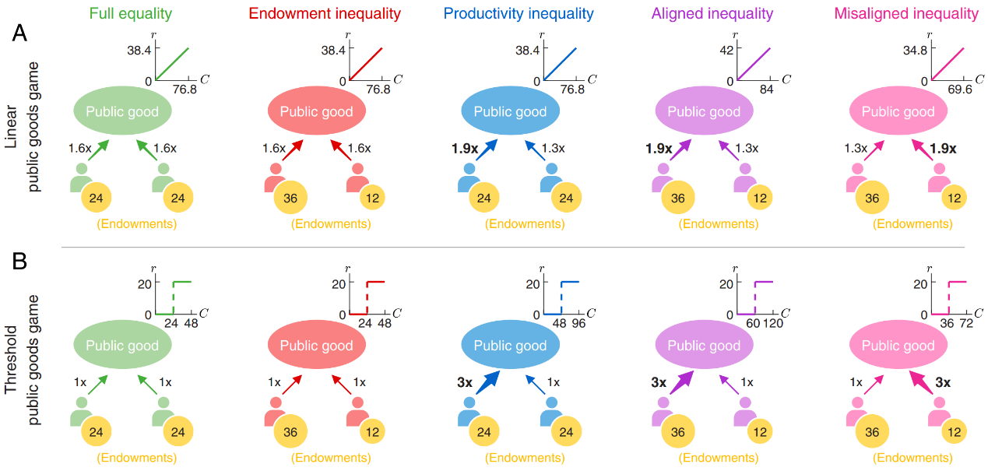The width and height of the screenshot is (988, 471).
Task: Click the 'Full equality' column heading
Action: coord(131,14)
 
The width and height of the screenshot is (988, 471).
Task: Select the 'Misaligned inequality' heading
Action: coord(906,14)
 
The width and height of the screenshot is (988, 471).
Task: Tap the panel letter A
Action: coord(19,33)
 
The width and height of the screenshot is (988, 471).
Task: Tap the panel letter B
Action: coord(19,262)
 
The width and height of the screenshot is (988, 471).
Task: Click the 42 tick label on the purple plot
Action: coord(726,50)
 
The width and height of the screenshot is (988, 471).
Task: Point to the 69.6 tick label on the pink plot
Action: coord(960,90)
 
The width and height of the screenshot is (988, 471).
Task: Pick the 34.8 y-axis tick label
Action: coord(916,51)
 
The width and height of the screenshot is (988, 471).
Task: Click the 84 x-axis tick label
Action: coord(767,90)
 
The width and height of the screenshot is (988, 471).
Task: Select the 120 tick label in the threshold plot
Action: coord(773,323)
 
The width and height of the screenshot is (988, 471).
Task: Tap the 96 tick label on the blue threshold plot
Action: coord(578,323)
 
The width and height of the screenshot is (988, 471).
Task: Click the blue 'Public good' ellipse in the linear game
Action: coord(510,111)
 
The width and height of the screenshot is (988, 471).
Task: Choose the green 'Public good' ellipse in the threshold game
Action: coord(122,344)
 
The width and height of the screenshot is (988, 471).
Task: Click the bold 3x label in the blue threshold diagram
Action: coord(465,382)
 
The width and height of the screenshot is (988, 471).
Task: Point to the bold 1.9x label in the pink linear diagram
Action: coord(943,149)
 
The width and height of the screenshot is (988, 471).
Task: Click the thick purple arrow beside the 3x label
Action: coord(681,383)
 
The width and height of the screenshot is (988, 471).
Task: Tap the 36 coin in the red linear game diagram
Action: coord(290,197)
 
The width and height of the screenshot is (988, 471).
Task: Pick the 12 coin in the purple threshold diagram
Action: coord(760,431)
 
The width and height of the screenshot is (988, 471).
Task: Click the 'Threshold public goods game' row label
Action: coord(21,360)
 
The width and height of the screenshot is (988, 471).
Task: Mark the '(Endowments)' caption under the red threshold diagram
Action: coord(331,458)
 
